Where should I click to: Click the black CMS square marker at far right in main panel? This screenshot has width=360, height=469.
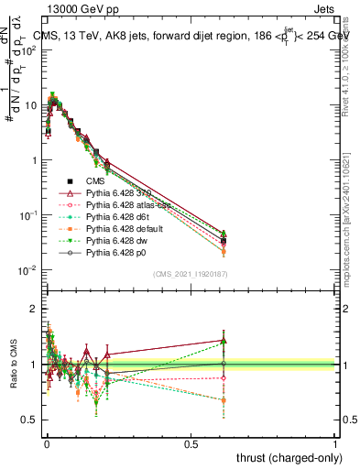224,241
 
